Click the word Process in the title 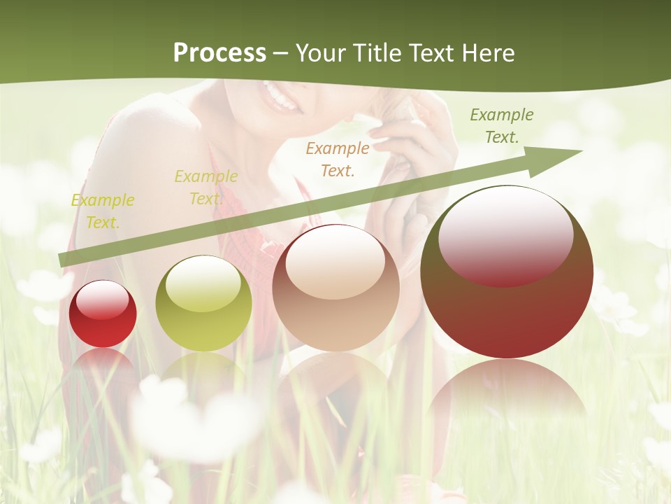(x=219, y=53)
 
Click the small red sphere (x=103, y=314)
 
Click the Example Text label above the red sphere (x=103, y=211)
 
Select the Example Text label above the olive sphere (x=205, y=188)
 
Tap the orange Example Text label (x=338, y=159)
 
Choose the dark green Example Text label (x=501, y=126)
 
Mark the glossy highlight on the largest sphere (x=505, y=234)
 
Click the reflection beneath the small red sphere (x=103, y=364)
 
